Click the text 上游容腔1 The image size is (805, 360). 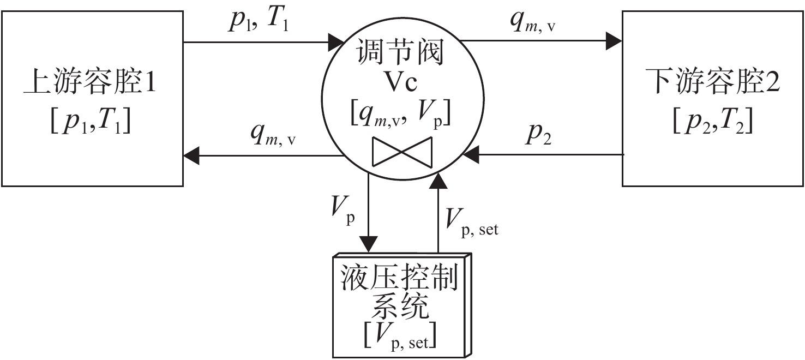[90, 81]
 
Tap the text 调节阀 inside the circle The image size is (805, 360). [400, 52]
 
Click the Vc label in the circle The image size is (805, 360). [401, 82]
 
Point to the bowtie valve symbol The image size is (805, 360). [402, 152]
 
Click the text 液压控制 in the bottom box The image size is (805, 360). [399, 278]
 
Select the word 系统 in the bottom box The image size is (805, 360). [400, 307]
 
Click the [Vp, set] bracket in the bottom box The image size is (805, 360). [400, 336]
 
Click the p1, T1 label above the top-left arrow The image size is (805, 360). [259, 20]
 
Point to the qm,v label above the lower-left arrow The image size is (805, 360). [273, 134]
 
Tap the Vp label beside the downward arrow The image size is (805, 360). [343, 211]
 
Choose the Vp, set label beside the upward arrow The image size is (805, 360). [472, 223]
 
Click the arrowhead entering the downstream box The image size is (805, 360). [614, 41]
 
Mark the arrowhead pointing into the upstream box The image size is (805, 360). [191, 156]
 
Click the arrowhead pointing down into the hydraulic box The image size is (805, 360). [368, 244]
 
